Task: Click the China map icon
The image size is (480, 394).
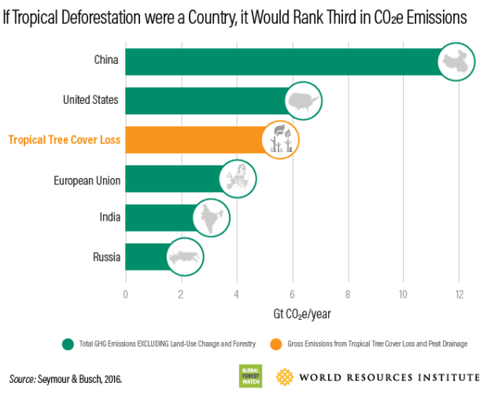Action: [457, 62]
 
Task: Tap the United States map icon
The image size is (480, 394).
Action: [302, 101]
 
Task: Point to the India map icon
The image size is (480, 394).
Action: [209, 217]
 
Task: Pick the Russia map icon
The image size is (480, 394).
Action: [183, 257]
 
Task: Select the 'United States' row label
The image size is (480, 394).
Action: [90, 100]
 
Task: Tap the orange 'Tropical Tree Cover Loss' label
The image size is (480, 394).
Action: [64, 139]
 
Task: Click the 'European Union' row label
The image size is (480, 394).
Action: [87, 180]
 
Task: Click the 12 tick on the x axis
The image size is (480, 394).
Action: [458, 295]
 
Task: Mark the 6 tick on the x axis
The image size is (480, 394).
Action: [292, 295]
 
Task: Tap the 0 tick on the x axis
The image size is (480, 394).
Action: [126, 295]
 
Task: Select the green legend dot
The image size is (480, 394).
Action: [68, 344]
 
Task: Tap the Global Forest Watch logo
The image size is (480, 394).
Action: [250, 376]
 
